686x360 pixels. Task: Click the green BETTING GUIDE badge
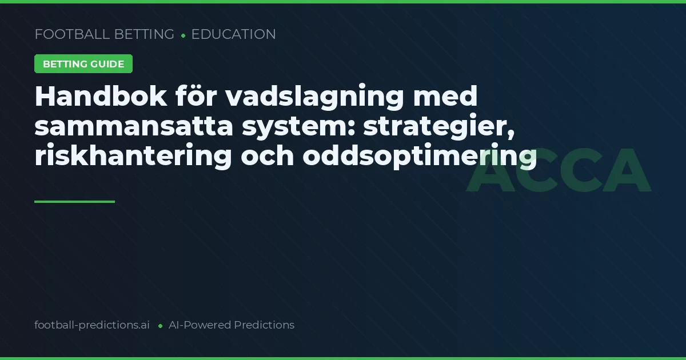point(83,64)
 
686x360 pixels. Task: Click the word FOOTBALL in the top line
point(72,34)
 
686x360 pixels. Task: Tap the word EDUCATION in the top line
point(233,34)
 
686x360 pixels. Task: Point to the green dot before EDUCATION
point(183,35)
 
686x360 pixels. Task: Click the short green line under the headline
point(74,201)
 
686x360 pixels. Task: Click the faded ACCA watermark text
point(559,170)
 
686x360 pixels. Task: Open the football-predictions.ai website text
point(92,325)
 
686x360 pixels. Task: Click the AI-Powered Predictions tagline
point(232,325)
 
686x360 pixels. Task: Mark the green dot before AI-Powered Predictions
point(160,326)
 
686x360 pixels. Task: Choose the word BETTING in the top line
point(144,34)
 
